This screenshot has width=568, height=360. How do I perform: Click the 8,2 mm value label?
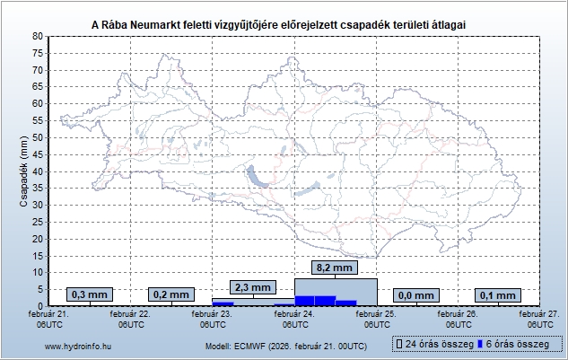point(336,268)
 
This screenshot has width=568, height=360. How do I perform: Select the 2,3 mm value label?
point(252,287)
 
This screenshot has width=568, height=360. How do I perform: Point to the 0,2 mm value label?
point(171,294)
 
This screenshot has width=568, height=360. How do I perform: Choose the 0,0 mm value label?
point(416,294)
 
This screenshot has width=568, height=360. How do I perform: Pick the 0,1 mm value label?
point(498,294)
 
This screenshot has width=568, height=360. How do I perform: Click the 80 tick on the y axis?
point(37,36)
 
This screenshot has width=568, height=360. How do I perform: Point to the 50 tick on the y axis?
point(37,137)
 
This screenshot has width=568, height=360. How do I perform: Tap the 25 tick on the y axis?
point(37,222)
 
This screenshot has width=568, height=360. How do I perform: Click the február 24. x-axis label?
point(293,319)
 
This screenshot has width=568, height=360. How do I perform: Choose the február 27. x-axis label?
point(538,319)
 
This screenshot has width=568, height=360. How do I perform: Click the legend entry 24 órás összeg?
point(433,345)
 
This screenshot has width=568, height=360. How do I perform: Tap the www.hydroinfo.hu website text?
point(79,346)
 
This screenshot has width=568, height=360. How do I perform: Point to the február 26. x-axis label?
point(457,319)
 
